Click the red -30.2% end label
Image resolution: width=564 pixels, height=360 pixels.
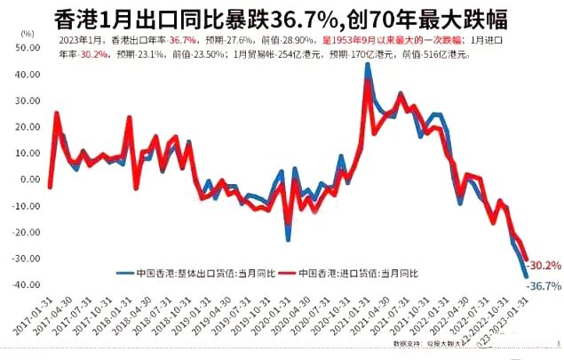[x=543, y=265]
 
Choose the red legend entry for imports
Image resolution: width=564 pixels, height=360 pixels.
[x=360, y=273]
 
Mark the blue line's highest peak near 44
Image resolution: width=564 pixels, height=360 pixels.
[x=368, y=65]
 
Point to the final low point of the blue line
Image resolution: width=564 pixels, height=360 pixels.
[x=527, y=276]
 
